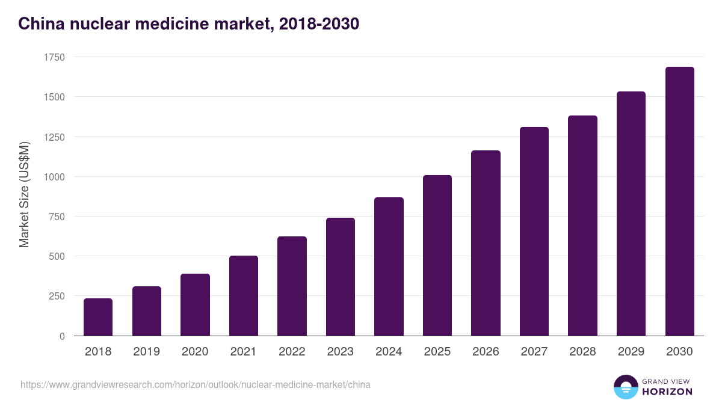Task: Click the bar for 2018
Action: coord(98,317)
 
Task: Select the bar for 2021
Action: coord(244,296)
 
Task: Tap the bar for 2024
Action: coord(389,266)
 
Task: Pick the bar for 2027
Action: coord(534,232)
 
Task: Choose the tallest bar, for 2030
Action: coord(679,201)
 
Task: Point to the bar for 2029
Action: coord(631,214)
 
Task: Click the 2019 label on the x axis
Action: coord(146,352)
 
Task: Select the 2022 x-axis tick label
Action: coord(292,352)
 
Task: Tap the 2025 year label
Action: coord(437,352)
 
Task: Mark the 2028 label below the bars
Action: coord(582,352)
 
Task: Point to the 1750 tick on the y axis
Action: coord(54,57)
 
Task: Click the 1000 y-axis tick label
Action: coord(54,177)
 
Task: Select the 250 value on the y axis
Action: coord(57,296)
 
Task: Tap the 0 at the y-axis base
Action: coord(62,336)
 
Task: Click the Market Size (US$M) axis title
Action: coord(25,195)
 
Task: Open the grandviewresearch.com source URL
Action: coord(196,384)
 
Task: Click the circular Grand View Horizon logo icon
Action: coord(626,387)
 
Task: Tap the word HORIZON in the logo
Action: coord(668,392)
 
